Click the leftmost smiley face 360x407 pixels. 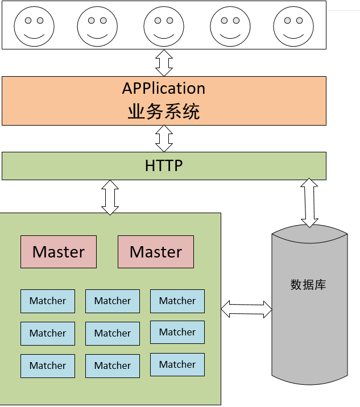point(34,26)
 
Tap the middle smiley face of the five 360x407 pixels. point(164,26)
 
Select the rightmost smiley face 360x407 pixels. point(293,26)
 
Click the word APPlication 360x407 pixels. point(164,89)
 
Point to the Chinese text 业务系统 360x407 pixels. point(164,111)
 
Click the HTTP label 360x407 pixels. point(164,166)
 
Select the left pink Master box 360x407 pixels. point(59,252)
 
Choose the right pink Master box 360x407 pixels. point(156,252)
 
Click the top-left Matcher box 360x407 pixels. point(48,301)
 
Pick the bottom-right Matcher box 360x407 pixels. point(177,364)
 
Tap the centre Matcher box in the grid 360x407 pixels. point(113,333)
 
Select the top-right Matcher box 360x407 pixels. point(177,301)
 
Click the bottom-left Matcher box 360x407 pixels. point(48,366)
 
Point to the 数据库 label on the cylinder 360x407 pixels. point(308,284)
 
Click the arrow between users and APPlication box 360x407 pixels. point(164,63)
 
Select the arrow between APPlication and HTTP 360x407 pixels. point(164,138)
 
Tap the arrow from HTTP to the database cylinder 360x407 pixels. point(309,202)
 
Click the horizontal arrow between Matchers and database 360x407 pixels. point(246,309)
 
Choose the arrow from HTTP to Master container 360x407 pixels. point(110,197)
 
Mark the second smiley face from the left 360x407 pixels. point(97,26)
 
